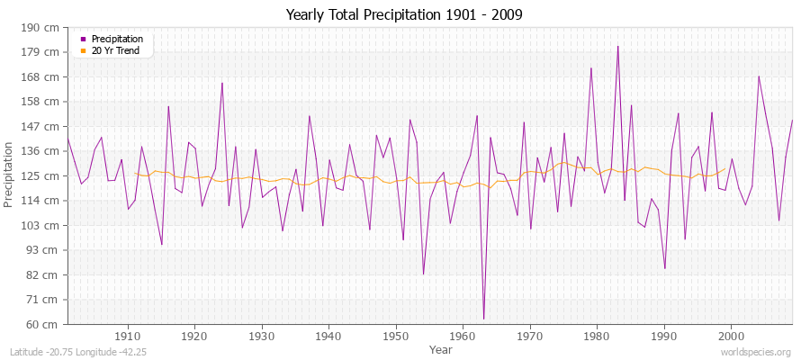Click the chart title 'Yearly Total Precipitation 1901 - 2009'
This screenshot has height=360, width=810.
[x=404, y=15]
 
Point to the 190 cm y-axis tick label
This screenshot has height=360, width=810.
[x=44, y=27]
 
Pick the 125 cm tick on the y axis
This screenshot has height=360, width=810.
[x=44, y=175]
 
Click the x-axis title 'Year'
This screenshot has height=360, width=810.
[x=441, y=349]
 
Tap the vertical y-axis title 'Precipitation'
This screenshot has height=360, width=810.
[x=10, y=175]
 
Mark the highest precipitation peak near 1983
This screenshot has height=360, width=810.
[x=617, y=46]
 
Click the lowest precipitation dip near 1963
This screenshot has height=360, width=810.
[x=483, y=319]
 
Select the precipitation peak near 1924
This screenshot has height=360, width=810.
[x=222, y=83]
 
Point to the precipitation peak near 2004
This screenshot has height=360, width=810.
[x=759, y=76]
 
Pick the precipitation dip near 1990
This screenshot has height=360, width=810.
[x=664, y=268]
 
